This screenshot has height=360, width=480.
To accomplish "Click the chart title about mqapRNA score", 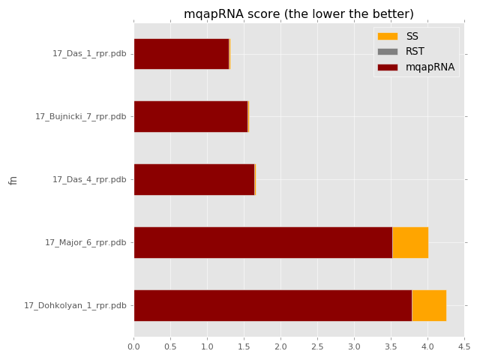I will [x=298, y=13].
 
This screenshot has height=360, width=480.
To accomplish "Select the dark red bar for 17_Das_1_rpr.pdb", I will [x=181, y=54].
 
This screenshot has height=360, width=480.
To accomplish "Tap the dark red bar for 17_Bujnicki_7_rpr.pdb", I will [x=190, y=116].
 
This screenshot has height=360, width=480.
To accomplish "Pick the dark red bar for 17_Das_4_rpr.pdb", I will [x=193, y=179].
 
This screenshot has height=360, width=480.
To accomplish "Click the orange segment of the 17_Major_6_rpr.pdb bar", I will [x=410, y=242].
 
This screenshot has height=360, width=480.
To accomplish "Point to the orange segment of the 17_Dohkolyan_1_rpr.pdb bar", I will [x=429, y=305].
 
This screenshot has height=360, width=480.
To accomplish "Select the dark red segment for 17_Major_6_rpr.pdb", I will [x=262, y=242].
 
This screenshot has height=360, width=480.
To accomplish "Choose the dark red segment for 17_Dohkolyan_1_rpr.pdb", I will [x=272, y=305].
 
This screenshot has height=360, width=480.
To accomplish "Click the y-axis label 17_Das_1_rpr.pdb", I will [x=89, y=54].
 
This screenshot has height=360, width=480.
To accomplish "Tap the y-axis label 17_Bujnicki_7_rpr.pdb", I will [x=80, y=117].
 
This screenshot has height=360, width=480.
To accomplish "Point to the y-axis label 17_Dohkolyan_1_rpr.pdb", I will [x=75, y=305].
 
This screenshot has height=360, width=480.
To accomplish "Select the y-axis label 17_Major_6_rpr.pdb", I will [x=85, y=242].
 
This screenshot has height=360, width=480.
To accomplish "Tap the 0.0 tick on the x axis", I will [x=134, y=347].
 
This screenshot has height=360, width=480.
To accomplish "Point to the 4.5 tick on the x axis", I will [x=463, y=347].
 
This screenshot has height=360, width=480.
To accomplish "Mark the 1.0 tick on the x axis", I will [x=208, y=347].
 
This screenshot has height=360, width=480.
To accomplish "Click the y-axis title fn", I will [x=13, y=180].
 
